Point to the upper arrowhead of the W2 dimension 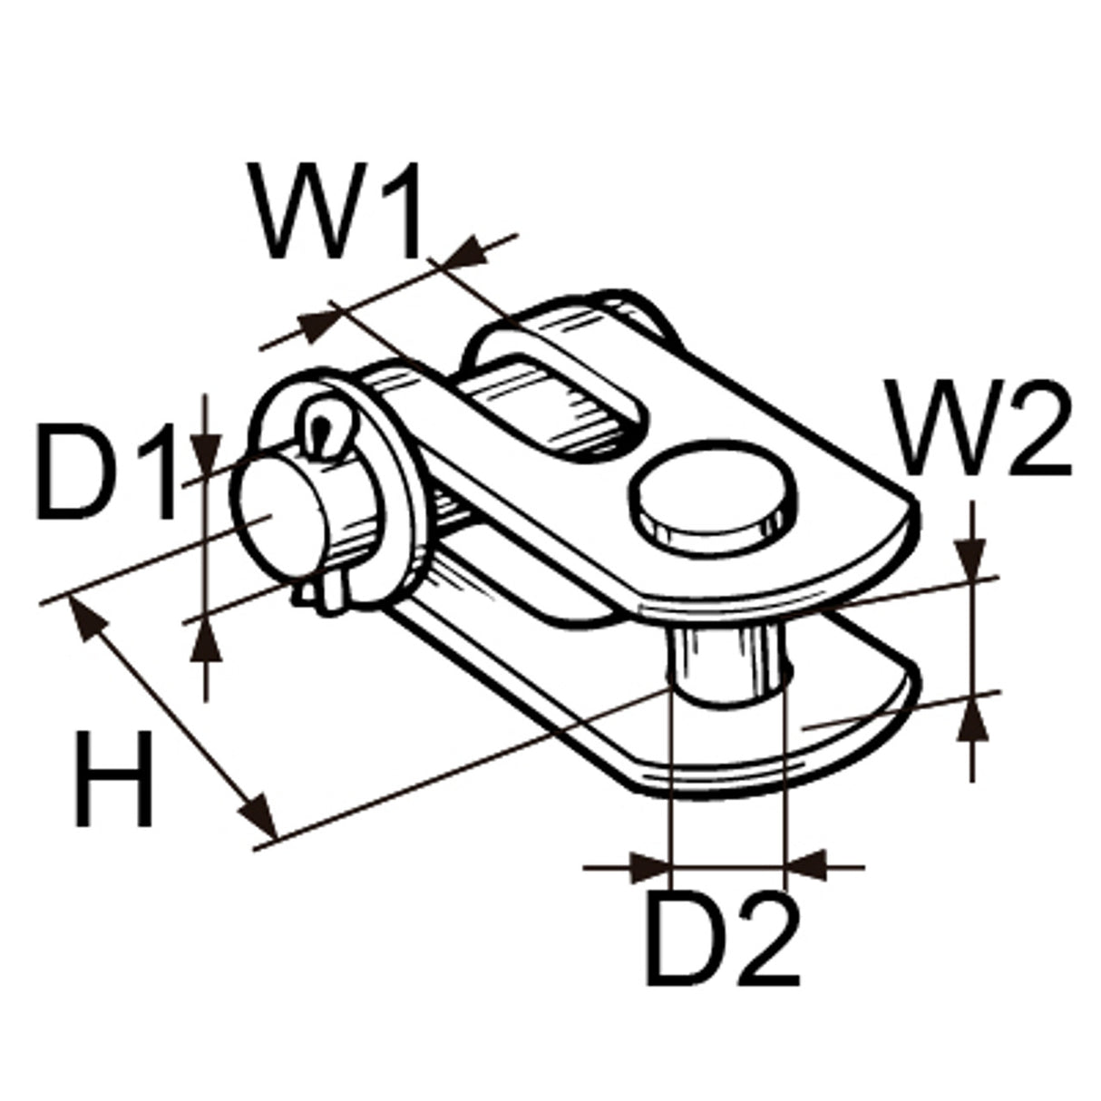[972, 558]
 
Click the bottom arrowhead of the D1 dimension [208, 643]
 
